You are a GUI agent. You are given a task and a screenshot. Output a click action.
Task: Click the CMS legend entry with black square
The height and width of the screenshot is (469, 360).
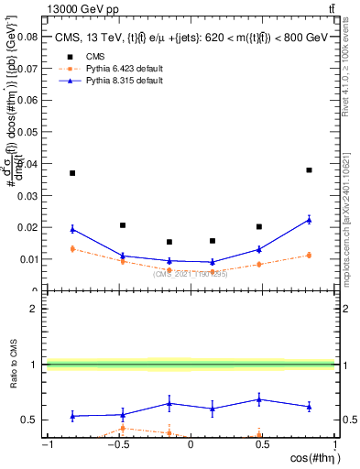tap(81, 55)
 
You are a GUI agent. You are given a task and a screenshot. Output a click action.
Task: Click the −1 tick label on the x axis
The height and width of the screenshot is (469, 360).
tap(46, 444)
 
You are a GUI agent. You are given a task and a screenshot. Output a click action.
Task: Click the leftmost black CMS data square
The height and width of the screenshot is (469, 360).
tap(72, 173)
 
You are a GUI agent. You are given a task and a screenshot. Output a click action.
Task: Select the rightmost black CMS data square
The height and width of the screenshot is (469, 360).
tap(310, 170)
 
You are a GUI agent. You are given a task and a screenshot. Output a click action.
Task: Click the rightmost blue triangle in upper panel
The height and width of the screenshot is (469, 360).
tap(310, 220)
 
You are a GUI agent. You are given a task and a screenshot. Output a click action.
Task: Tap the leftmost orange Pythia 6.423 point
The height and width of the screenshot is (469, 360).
tap(72, 248)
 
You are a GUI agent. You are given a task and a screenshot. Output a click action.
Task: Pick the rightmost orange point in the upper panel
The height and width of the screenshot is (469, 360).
tap(310, 255)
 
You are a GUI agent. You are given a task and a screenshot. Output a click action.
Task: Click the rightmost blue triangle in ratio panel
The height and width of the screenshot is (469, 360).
tap(310, 407)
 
